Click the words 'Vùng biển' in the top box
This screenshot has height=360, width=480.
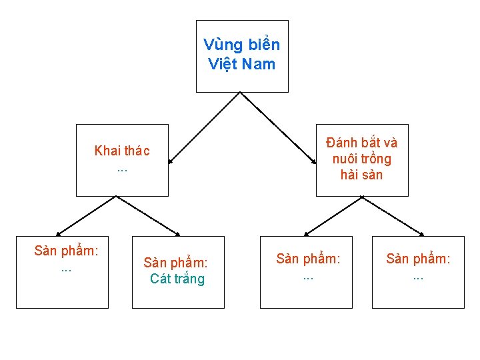tap(241, 45)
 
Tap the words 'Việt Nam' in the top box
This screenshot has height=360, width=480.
tap(241, 64)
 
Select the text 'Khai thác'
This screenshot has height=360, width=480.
tap(122, 151)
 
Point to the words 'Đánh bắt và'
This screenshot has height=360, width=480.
tap(362, 143)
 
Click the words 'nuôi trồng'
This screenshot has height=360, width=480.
tap(362, 159)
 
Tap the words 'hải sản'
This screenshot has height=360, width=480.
tap(362, 175)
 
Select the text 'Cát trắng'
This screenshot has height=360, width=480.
tap(177, 279)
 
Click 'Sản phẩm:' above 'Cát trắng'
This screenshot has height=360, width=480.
tap(176, 263)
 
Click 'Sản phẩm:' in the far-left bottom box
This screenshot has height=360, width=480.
tap(67, 251)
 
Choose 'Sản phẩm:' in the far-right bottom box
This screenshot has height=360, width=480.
tap(418, 259)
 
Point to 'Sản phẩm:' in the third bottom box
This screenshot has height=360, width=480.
tap(308, 259)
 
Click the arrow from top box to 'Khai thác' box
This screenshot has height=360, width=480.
tap(203, 128)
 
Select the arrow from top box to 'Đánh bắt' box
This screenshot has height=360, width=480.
tap(278, 128)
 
